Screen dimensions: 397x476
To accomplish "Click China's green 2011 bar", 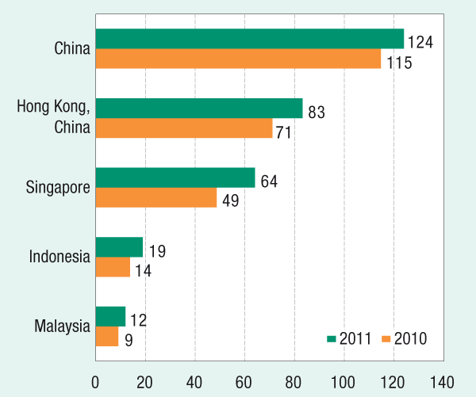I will [250, 39].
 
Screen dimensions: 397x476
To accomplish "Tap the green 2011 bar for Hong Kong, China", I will [199, 109].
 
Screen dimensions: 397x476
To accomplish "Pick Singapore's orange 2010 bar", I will [156, 197].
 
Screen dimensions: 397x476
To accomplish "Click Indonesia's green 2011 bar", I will [119, 247].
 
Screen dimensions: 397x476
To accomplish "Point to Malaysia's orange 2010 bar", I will [107, 337].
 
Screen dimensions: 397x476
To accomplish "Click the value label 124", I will [420, 42].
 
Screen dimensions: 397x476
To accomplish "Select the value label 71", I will [284, 132].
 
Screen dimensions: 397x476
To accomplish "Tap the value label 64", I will [269, 181].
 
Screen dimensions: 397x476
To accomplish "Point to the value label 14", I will [143, 270].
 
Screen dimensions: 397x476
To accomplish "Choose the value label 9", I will [129, 340].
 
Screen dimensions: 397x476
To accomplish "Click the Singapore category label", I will [58, 187].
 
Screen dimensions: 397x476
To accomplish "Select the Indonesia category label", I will [59, 257].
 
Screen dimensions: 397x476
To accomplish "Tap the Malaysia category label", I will [62, 326].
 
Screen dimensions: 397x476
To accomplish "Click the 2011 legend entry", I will [349, 338].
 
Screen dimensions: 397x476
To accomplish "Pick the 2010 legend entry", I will [405, 338].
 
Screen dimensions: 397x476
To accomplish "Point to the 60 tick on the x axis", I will [244, 380].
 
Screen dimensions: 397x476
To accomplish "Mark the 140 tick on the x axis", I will [443, 380].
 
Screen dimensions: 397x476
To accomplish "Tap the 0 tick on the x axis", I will [95, 380].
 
